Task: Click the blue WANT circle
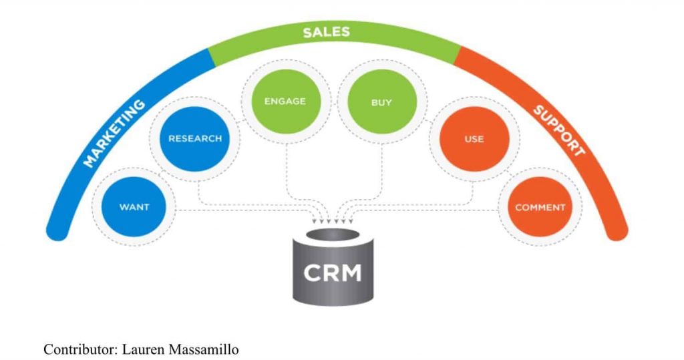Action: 134,207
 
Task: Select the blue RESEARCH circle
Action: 194,139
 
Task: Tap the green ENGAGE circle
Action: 285,102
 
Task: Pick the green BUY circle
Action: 381,104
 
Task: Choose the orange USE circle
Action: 474,140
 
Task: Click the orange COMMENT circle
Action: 540,207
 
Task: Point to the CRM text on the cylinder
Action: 333,273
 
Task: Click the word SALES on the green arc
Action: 326,32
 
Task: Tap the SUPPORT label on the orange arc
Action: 558,131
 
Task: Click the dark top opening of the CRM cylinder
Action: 332,236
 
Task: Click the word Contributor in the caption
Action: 76,349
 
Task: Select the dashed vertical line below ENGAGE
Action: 287,167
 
